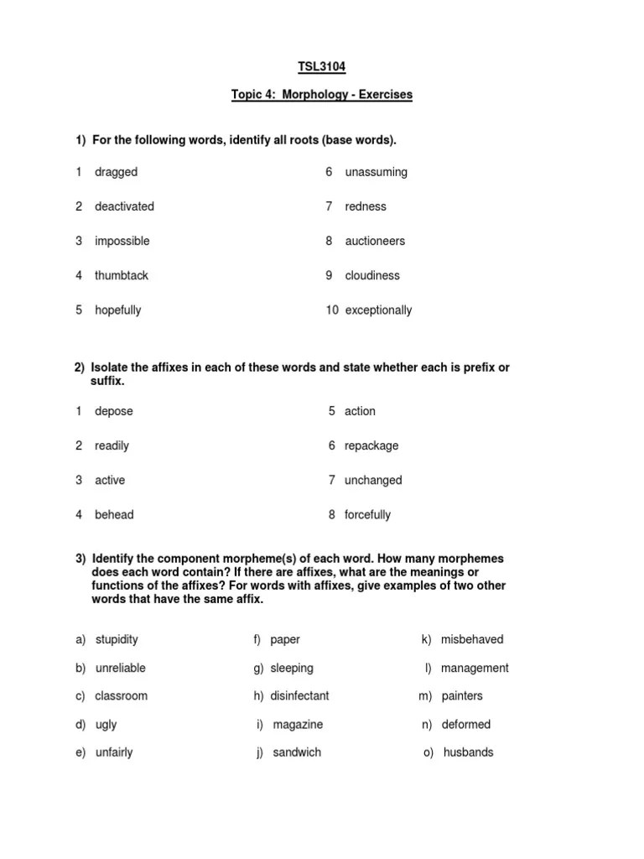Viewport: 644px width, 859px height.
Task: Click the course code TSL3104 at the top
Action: point(322,66)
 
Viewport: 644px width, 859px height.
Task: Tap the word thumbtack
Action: point(122,275)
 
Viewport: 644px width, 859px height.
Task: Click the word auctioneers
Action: point(375,241)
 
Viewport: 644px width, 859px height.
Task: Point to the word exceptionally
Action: point(378,310)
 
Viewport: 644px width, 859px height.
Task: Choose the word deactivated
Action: point(124,206)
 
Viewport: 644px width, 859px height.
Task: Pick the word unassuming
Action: point(376,172)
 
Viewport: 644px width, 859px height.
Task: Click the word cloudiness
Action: point(372,275)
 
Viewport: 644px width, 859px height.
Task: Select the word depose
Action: point(114,411)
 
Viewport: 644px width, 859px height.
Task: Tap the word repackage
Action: point(371,445)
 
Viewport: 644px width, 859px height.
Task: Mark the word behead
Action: point(114,514)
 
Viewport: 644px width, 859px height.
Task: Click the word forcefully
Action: point(367,514)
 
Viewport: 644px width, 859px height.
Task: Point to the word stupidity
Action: point(117,639)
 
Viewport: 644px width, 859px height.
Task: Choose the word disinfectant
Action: point(299,695)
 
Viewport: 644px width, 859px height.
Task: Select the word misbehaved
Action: point(472,639)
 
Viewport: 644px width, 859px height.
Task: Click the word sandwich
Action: point(297,752)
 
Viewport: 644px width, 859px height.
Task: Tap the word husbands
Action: point(469,752)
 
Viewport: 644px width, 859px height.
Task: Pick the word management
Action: point(475,668)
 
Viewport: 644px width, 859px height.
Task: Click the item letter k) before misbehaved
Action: point(427,639)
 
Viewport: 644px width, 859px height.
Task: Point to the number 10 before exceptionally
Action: point(332,310)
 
